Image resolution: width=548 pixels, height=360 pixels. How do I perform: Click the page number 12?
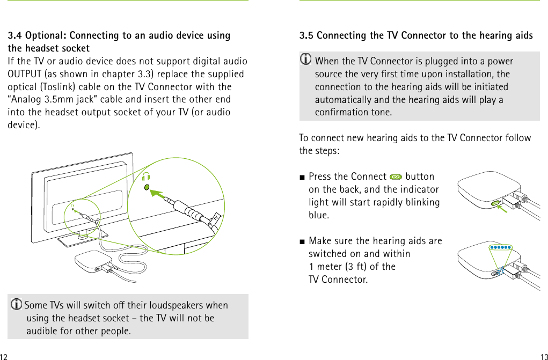[4, 357]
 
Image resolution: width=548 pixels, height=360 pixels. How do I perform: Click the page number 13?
[544, 357]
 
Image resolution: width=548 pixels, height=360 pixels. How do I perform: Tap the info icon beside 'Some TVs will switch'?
[16, 305]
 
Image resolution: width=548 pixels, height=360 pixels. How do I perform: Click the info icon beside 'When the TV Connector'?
[306, 60]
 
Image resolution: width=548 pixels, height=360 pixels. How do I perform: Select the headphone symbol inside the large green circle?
[147, 176]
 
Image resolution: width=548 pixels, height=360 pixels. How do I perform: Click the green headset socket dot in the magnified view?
[147, 187]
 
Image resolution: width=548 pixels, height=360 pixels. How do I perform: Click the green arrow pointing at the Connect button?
[503, 209]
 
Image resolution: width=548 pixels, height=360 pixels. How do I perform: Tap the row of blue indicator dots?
[500, 247]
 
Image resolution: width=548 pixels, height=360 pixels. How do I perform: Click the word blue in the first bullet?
[318, 215]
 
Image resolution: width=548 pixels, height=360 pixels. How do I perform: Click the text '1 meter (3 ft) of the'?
[352, 267]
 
